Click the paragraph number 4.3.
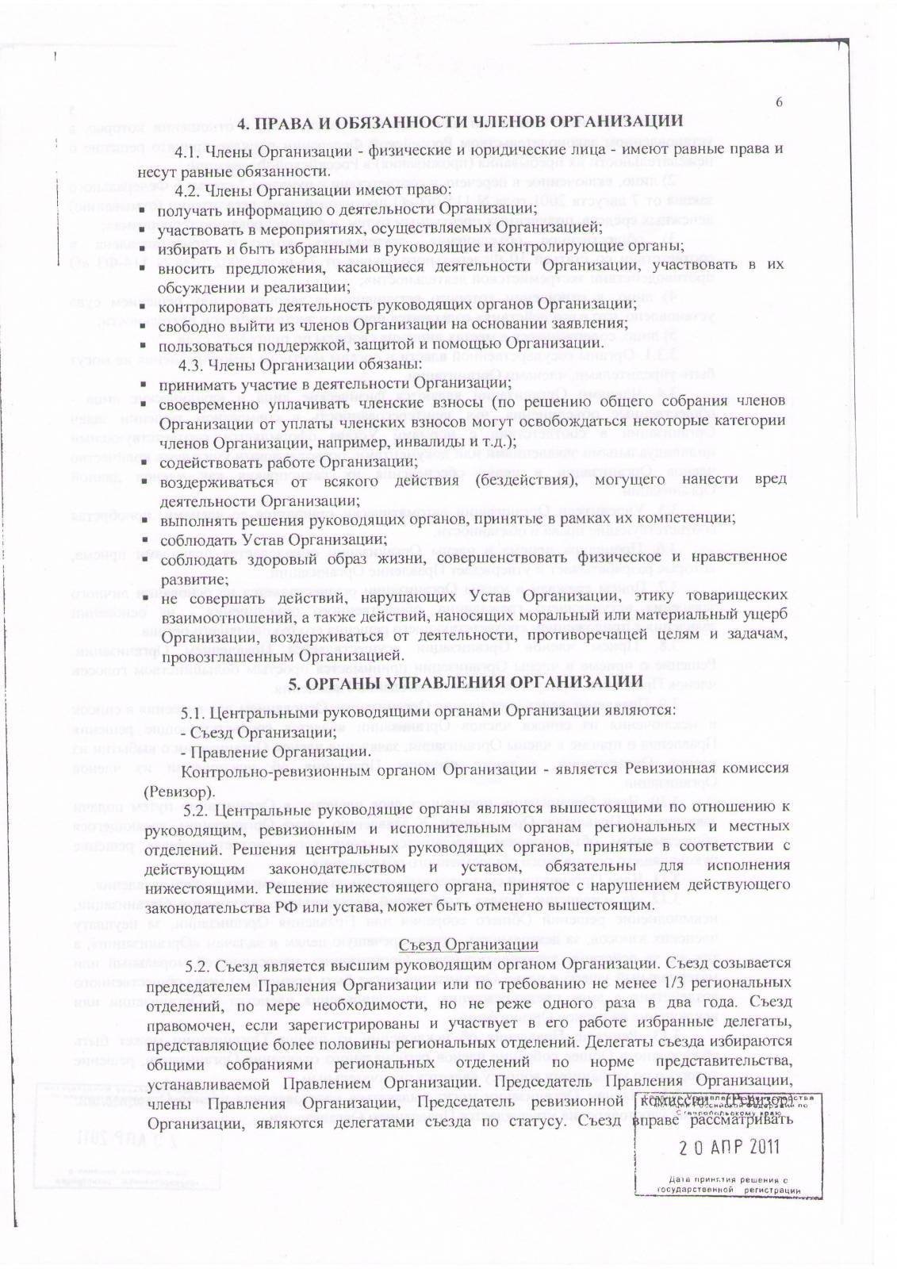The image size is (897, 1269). (x=193, y=364)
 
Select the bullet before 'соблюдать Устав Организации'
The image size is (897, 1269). (x=141, y=539)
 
